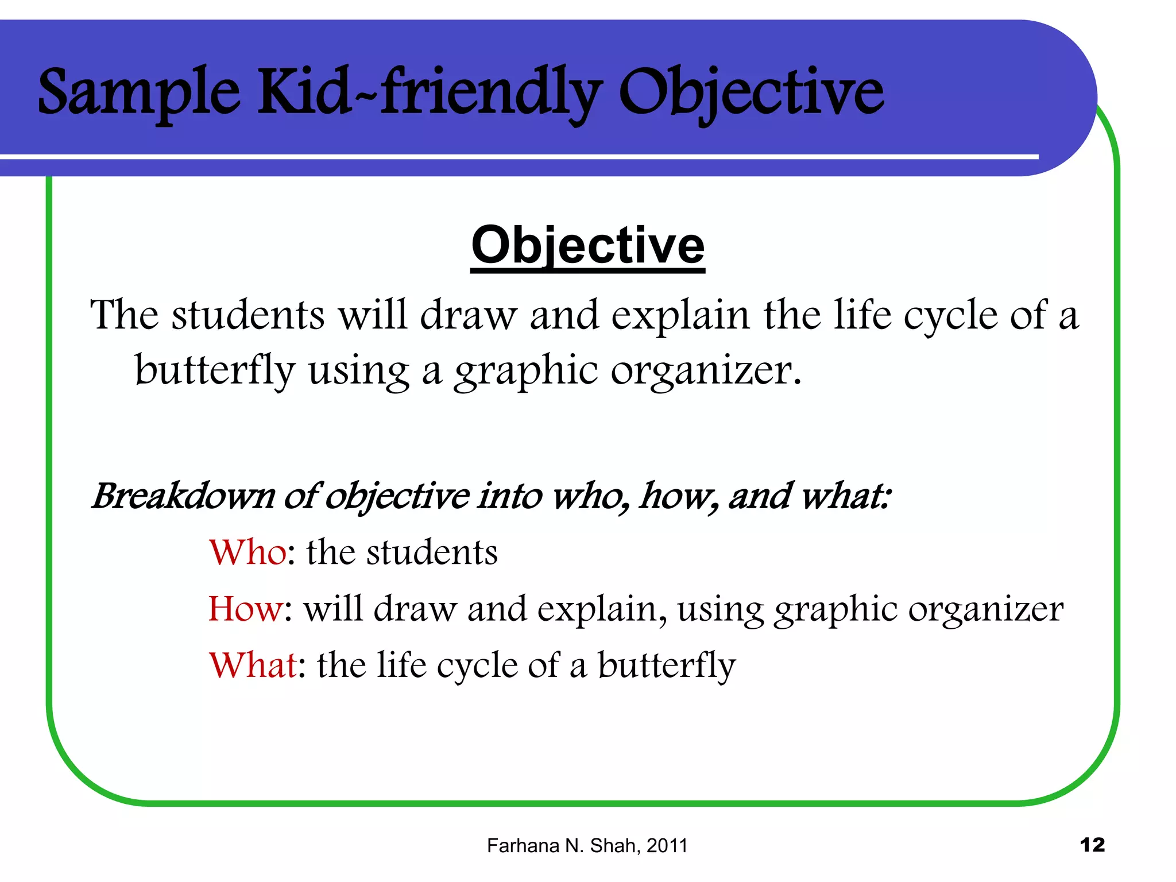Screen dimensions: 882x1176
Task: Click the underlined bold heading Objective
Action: click(x=587, y=246)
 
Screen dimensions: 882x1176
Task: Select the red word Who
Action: click(x=247, y=552)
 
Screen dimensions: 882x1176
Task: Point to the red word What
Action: click(x=253, y=665)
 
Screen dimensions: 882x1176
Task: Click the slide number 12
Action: click(x=1092, y=845)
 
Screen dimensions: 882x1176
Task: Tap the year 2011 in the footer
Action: click(x=667, y=846)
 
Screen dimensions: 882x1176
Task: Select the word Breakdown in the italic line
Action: click(x=183, y=496)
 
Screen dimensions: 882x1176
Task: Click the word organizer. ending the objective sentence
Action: click(x=706, y=371)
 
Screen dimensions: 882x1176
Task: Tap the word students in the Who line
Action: click(x=432, y=552)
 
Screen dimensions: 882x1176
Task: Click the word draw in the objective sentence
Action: click(x=468, y=316)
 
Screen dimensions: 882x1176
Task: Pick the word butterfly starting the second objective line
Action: click(x=215, y=371)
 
